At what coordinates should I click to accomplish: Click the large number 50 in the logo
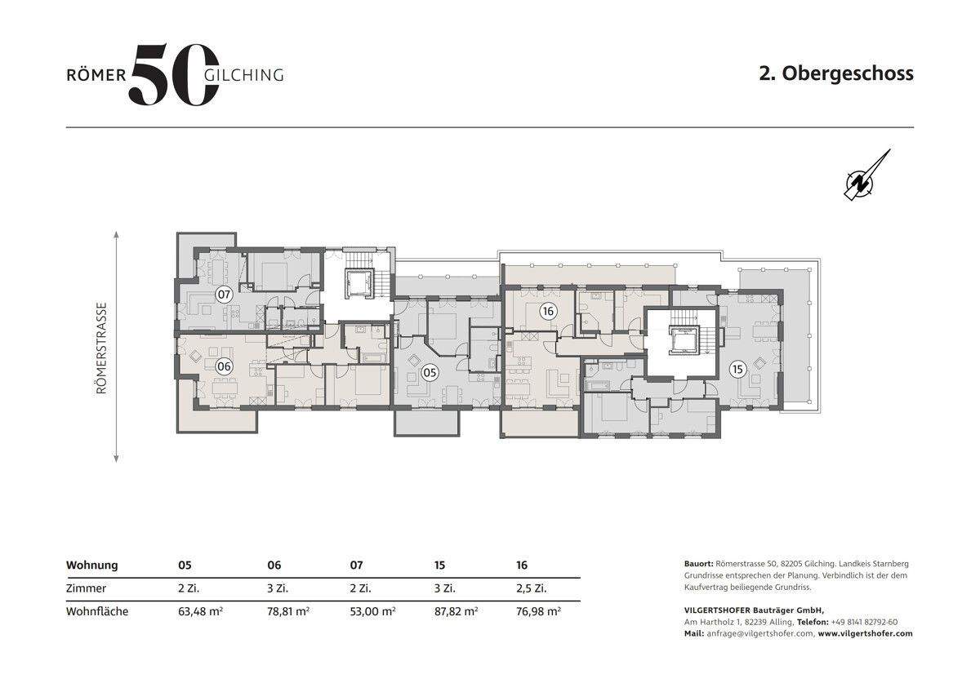(174, 74)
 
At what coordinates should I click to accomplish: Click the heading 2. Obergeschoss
(836, 73)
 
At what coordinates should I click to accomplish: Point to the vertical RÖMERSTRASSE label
(101, 348)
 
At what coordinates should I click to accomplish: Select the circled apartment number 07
(224, 295)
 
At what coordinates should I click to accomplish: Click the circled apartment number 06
(224, 366)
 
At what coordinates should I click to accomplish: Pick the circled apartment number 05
(430, 372)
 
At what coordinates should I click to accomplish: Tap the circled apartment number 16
(547, 311)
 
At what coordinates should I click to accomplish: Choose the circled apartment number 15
(737, 370)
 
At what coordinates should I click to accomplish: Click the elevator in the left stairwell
(359, 284)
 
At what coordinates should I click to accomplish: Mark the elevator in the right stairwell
(682, 341)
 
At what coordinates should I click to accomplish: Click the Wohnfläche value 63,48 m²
(200, 610)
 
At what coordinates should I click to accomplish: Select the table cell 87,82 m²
(456, 610)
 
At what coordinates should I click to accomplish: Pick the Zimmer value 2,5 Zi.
(531, 588)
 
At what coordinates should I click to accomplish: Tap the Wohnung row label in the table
(91, 566)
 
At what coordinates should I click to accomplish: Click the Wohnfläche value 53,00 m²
(372, 610)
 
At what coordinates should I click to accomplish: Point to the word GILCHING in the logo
(244, 75)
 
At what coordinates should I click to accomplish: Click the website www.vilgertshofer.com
(866, 633)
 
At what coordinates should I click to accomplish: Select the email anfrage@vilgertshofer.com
(760, 633)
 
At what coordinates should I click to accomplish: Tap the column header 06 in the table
(274, 566)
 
